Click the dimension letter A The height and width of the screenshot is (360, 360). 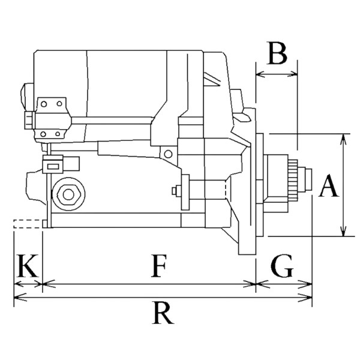(329, 185)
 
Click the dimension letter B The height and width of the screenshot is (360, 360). (277, 53)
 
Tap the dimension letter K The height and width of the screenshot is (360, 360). (28, 266)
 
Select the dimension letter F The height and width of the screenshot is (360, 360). (158, 266)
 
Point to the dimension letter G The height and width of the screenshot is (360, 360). (282, 266)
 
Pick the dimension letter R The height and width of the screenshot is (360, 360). (163, 313)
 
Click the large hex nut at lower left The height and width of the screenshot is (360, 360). (68, 194)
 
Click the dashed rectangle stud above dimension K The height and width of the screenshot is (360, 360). (28, 224)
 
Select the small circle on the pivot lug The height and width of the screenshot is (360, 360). (168, 154)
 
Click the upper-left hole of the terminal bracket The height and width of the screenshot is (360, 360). (44, 104)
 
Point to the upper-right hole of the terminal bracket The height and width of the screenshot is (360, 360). (59, 104)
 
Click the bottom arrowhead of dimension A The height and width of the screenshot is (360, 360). (343, 230)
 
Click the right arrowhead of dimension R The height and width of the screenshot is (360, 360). (305, 298)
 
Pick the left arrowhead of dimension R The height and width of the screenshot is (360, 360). (20, 298)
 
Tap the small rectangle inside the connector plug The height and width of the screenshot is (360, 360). (53, 166)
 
